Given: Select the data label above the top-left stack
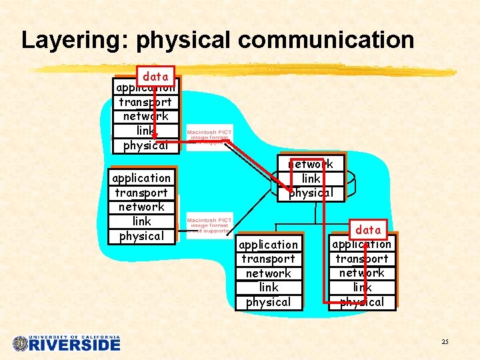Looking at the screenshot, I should tap(155, 77).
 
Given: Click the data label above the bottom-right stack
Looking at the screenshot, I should tap(368, 230).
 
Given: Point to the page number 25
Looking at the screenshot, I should tap(445, 342).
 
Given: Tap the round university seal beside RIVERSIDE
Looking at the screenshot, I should tap(21, 344).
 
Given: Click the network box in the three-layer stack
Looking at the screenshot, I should tap(311, 164).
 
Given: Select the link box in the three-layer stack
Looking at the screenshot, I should tap(311, 179).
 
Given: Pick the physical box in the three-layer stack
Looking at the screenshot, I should tap(311, 193).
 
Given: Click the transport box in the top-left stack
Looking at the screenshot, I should tap(145, 102).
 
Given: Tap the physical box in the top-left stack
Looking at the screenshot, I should tap(145, 145).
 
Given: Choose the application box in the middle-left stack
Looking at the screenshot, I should tap(141, 178).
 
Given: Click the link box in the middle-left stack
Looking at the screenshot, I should tap(141, 221).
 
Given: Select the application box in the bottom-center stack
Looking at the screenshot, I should tap(268, 245).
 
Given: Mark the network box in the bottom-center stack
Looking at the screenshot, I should tap(268, 273).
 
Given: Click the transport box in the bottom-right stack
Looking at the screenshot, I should tap(362, 259).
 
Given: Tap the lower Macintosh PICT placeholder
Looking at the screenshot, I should tap(209, 225).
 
